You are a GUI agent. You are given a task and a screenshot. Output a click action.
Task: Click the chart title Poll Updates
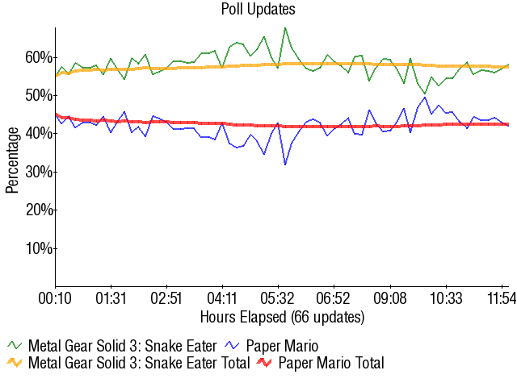pos(258,10)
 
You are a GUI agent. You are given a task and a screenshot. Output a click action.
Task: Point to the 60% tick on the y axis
pos(38,57)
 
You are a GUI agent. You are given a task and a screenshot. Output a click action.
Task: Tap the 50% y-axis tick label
pos(38,95)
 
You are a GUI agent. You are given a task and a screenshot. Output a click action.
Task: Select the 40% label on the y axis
pos(38,134)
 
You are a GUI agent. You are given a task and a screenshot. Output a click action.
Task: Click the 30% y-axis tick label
pos(38,172)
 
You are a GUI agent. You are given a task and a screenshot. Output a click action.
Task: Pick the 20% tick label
pos(38,210)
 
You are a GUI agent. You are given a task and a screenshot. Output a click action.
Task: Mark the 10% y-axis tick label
pos(38,248)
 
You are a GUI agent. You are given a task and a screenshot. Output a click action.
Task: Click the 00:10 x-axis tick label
pos(56,298)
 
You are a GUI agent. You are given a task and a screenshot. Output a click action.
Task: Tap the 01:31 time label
pos(111,298)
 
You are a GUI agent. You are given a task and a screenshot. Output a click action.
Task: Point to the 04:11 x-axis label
pos(222,298)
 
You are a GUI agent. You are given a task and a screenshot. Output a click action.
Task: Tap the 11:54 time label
pos(501,298)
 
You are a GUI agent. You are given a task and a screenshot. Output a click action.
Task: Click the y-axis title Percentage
pos(12,158)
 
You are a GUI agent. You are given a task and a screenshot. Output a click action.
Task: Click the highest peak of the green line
pos(285,28)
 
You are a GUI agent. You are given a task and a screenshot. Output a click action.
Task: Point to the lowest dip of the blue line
pos(285,164)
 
